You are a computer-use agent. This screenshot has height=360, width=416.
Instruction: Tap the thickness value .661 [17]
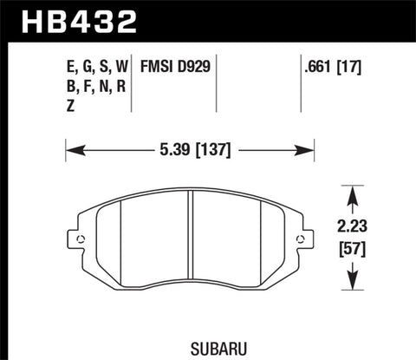[330, 64]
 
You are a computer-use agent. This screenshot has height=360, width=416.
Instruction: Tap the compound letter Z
[69, 101]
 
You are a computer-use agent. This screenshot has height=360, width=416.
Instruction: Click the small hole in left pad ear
[81, 241]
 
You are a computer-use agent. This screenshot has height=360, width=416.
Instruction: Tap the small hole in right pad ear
[302, 241]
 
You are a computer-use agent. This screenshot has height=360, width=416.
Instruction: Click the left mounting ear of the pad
[81, 240]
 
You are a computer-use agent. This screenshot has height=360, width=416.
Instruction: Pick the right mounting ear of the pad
[302, 240]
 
